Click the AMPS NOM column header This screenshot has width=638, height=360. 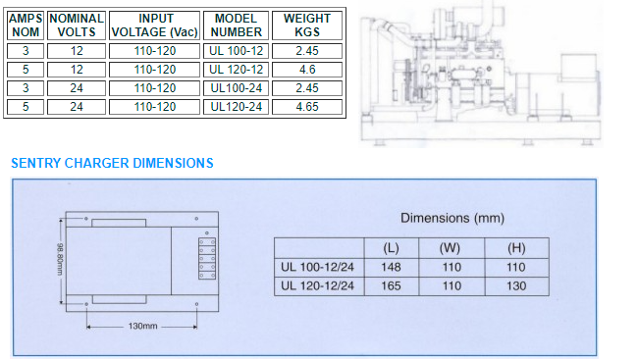click(26, 26)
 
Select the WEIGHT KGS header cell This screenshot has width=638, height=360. click(307, 26)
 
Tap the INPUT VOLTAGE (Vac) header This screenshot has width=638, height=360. click(155, 26)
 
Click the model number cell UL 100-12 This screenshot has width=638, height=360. click(236, 51)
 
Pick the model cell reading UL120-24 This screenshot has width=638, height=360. click(236, 107)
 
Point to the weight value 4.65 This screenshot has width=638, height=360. click(307, 107)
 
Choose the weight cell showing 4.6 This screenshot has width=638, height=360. click(307, 70)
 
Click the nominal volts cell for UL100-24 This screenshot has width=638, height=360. click(77, 88)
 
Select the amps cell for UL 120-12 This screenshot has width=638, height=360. click(26, 70)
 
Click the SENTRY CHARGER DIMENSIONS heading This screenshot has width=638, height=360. click(112, 163)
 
